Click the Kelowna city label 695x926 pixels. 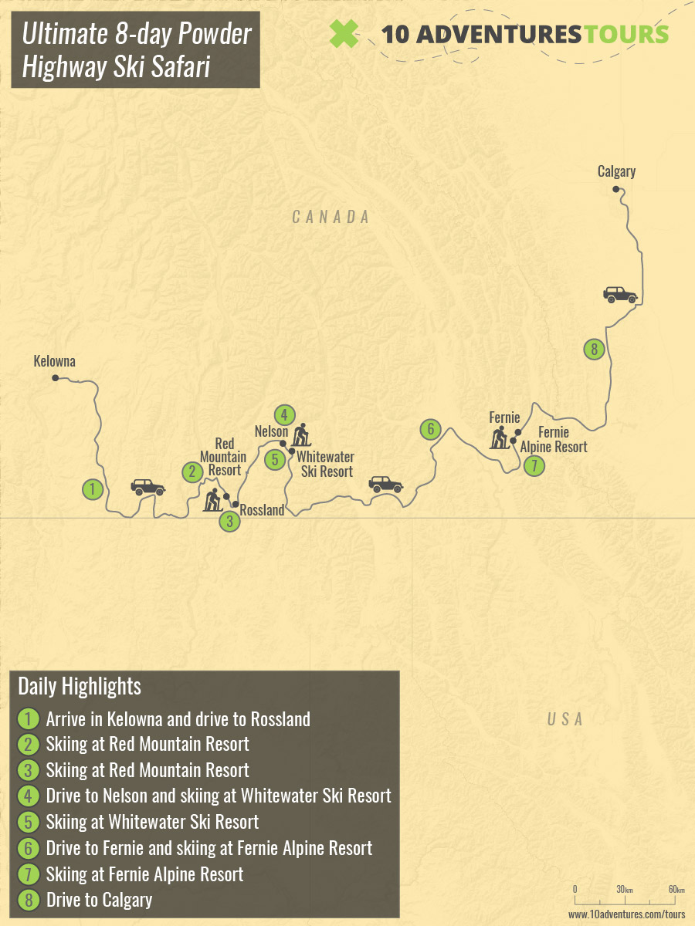click(x=54, y=361)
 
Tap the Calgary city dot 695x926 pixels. click(x=615, y=189)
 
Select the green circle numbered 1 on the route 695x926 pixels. click(x=93, y=488)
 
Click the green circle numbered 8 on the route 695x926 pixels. click(x=593, y=349)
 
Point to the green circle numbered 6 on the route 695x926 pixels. click(x=430, y=429)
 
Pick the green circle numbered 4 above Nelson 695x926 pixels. click(x=284, y=415)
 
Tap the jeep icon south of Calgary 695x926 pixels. click(x=620, y=294)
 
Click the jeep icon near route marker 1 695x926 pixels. click(x=147, y=487)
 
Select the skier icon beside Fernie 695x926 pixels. click(x=499, y=438)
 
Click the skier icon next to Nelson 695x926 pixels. click(x=300, y=436)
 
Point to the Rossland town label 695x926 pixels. click(x=262, y=510)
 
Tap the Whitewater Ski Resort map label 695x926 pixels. click(x=325, y=464)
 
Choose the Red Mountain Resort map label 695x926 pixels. click(x=225, y=457)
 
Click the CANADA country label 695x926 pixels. click(x=331, y=218)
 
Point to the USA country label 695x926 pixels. click(x=564, y=719)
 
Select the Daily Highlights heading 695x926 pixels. click(x=80, y=686)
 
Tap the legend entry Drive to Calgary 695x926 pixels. click(x=99, y=899)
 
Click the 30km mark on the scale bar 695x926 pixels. click(x=624, y=890)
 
